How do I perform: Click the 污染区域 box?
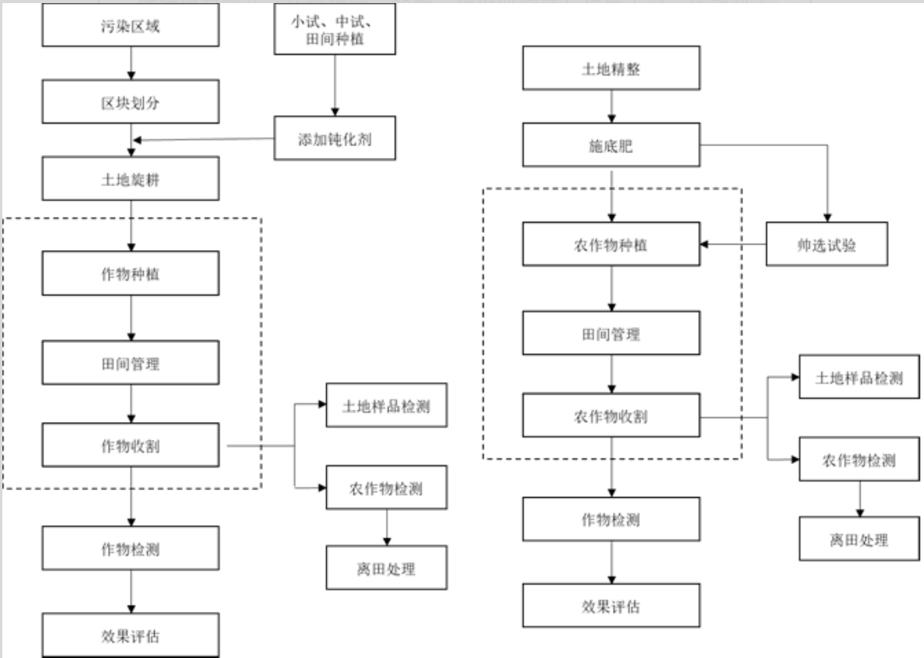tap(131, 25)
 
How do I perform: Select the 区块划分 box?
tap(131, 102)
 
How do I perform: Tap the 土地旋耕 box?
tap(131, 178)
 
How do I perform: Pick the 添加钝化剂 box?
tap(335, 138)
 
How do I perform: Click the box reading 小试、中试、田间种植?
tap(335, 29)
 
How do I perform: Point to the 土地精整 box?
tap(611, 68)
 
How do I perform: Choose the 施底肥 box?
tap(611, 145)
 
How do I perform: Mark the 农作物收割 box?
tap(611, 415)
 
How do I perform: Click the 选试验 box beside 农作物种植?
tap(827, 244)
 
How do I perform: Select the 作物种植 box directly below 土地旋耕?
tap(131, 274)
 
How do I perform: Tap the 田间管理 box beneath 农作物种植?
tap(611, 334)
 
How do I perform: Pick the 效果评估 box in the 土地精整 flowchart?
tap(611, 606)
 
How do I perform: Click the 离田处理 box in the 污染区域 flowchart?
tap(387, 568)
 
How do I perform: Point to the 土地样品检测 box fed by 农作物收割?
tap(859, 377)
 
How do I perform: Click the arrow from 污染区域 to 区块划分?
tap(131, 63)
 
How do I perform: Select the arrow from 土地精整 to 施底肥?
tap(611, 106)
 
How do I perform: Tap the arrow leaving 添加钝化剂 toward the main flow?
tap(204, 140)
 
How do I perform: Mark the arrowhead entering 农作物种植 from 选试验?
tap(704, 244)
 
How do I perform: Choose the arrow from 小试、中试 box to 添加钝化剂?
tap(335, 85)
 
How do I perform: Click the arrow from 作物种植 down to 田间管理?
tap(131, 318)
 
